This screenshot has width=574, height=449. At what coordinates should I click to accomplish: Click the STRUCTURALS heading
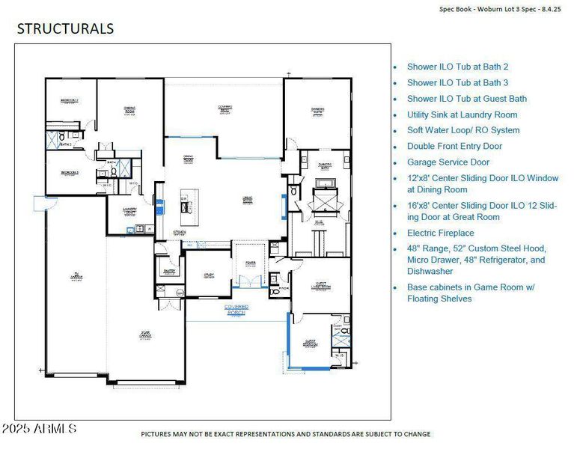click(x=65, y=29)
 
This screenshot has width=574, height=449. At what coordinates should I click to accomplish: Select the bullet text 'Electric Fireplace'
click(x=440, y=233)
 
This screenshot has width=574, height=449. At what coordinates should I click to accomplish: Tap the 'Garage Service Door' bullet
click(x=448, y=162)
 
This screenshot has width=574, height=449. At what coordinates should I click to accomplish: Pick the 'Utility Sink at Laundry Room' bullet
click(x=462, y=114)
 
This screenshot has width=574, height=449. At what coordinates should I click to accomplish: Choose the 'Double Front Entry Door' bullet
click(x=454, y=146)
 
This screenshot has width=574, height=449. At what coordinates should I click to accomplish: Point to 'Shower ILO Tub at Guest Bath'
click(x=466, y=98)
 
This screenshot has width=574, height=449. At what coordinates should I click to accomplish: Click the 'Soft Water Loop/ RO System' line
click(x=462, y=130)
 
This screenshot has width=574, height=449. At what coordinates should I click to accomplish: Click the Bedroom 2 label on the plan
click(x=70, y=100)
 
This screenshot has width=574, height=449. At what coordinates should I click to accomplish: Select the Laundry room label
click(x=129, y=212)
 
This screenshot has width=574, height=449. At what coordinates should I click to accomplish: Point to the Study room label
click(x=209, y=275)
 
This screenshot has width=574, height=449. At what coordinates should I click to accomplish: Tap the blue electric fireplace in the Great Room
click(x=283, y=205)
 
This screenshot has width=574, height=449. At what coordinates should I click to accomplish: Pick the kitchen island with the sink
click(x=186, y=207)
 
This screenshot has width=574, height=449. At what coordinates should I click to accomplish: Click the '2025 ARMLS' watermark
click(x=39, y=429)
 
